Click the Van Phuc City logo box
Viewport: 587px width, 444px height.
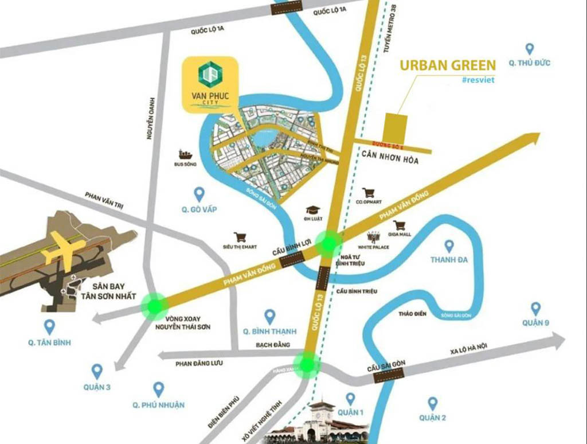pos(210,84)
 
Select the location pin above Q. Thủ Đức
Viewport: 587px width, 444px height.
pos(529,50)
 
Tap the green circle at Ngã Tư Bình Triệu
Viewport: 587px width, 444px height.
pos(330,243)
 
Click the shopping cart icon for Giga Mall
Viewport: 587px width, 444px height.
pos(399,225)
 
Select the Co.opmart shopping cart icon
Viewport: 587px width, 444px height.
pos(368,193)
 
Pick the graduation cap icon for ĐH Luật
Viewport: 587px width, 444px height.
pos(312,210)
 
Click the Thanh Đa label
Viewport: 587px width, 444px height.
pos(449,260)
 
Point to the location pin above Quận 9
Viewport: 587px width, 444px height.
pos(535,309)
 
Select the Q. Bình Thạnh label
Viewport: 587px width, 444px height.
pos(269,331)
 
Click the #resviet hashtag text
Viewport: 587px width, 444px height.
pos(477,80)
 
